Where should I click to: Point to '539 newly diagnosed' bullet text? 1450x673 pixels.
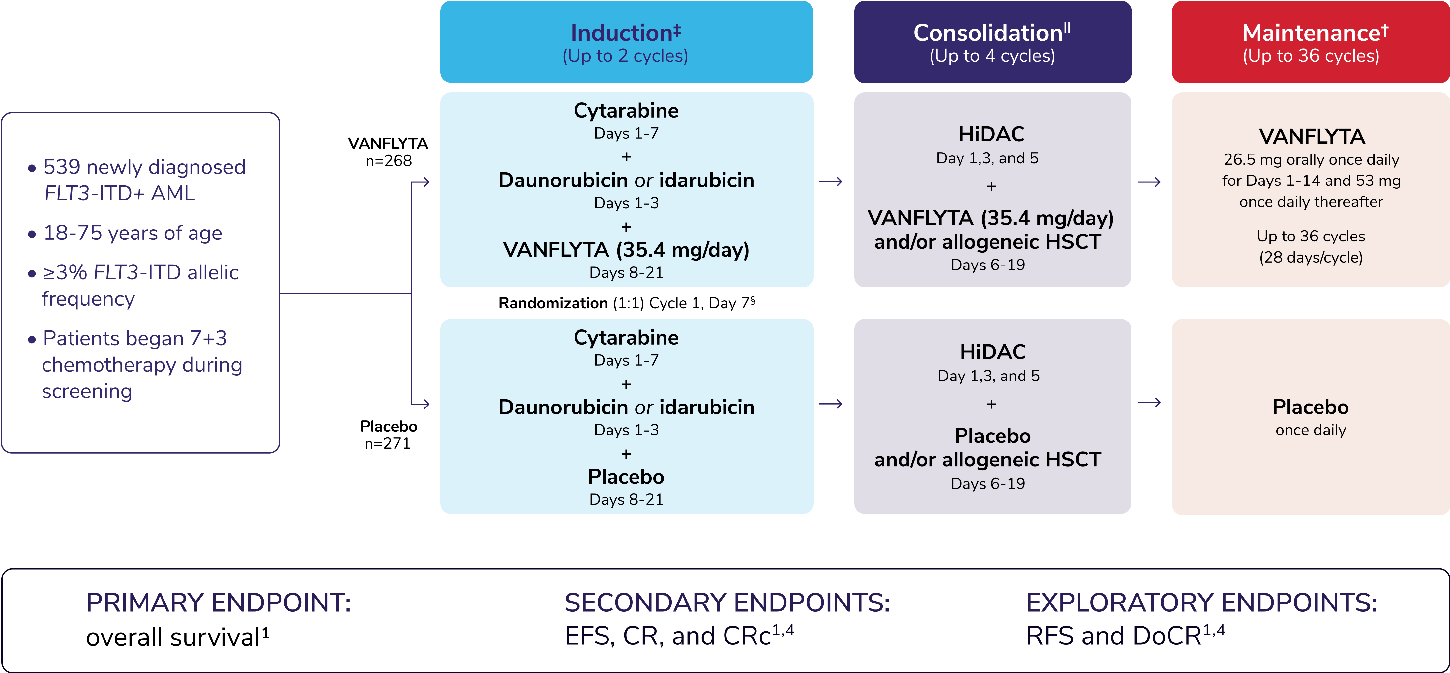point(144,167)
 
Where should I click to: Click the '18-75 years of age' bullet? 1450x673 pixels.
point(133,233)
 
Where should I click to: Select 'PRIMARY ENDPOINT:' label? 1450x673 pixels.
point(219,603)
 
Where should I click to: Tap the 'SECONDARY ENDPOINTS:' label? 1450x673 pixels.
point(727,603)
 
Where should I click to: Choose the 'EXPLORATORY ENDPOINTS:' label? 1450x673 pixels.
point(1201,603)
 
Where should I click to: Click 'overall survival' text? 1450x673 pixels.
point(173,637)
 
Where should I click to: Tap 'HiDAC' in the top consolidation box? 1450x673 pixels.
point(991,134)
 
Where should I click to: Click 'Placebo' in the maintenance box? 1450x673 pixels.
point(1310,407)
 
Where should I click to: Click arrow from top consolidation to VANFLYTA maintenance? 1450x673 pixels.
point(1149,182)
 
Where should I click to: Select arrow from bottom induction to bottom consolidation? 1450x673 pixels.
point(831,404)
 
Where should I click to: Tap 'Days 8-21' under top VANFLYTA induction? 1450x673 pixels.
point(626,273)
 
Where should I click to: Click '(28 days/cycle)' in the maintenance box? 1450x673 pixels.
point(1311,258)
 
